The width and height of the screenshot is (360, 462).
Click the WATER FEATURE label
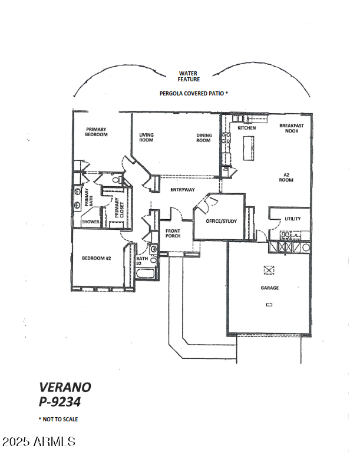point(189,77)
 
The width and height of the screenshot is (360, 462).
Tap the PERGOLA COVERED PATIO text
point(192,93)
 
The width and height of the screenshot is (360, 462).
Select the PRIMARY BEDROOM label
point(97,132)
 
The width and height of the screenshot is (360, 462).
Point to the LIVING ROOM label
point(146,138)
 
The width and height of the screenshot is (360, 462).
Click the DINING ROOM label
point(204,138)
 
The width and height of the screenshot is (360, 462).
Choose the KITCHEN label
point(246,128)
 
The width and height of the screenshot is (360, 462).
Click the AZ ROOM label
point(286,178)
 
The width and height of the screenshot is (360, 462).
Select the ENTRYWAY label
point(183,190)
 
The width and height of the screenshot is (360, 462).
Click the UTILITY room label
point(292,219)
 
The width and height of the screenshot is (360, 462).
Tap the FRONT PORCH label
point(173,233)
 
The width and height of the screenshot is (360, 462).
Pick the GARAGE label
point(270,288)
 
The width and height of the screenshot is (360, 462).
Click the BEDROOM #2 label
point(97,258)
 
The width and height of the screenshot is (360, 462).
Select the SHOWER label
point(90,222)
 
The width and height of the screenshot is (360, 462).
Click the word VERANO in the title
point(65,387)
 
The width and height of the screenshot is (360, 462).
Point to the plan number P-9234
point(60,402)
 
